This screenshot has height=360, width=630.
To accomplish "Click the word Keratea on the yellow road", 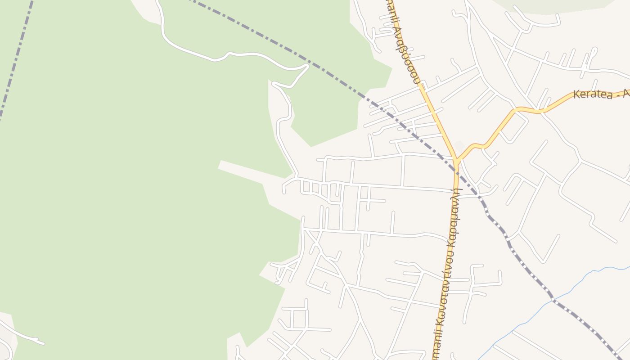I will pyautogui.click(x=592, y=94).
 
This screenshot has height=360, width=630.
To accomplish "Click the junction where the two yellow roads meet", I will pyautogui.click(x=456, y=160).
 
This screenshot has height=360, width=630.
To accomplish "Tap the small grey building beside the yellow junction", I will pyautogui.click(x=459, y=146).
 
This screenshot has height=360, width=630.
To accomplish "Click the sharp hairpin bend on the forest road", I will pyautogui.click(x=307, y=67).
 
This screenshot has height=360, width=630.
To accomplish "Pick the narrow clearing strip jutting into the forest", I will pyautogui.click(x=243, y=171).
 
